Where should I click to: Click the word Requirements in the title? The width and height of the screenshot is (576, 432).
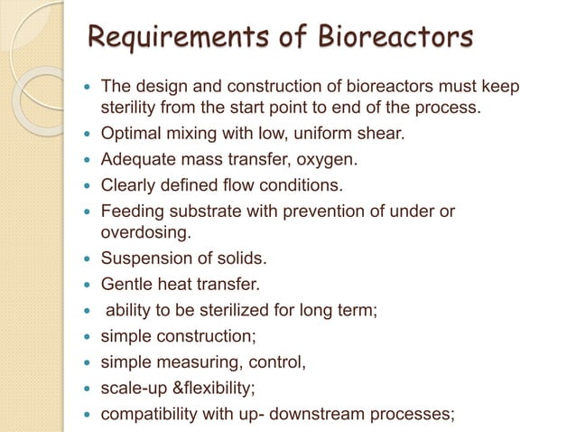pos(172,39)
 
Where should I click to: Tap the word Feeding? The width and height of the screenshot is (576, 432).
pos(133,213)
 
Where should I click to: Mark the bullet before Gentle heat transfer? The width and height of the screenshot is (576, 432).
pos(87,286)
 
